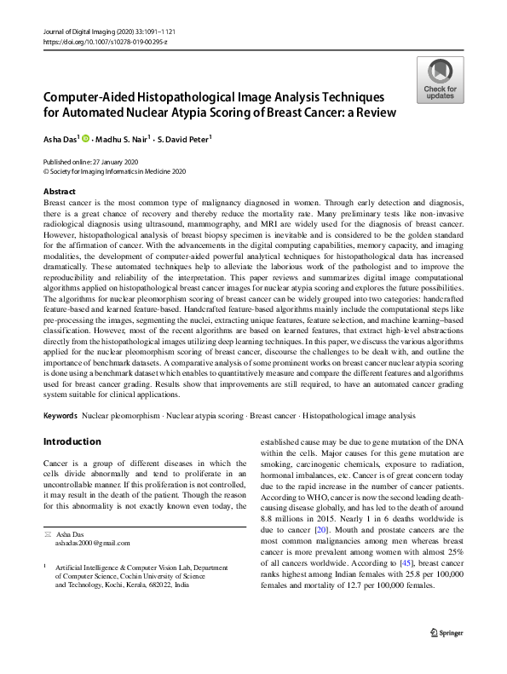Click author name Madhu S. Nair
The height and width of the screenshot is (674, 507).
point(123,139)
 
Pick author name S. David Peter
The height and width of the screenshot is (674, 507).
point(187,139)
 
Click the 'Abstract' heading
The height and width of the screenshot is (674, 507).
point(59,192)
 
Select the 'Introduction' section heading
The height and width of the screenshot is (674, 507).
point(72,441)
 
